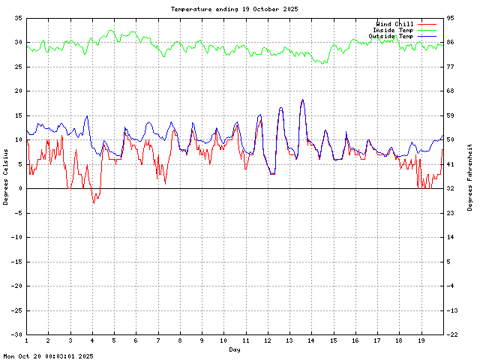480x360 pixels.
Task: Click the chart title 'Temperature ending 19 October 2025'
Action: point(234,9)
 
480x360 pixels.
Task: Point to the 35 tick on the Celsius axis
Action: point(18,17)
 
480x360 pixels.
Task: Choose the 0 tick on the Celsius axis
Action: point(20,189)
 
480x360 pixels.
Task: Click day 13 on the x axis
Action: point(289,341)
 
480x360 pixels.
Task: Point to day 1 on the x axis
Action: point(26,341)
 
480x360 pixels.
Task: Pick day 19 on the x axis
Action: point(421,341)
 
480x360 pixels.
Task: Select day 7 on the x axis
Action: point(157,341)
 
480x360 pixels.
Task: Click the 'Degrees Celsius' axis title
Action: point(5,175)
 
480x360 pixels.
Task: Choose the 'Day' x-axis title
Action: point(235,349)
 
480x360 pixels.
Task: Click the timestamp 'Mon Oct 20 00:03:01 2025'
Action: point(48,356)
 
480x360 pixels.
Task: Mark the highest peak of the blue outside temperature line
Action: point(302,100)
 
